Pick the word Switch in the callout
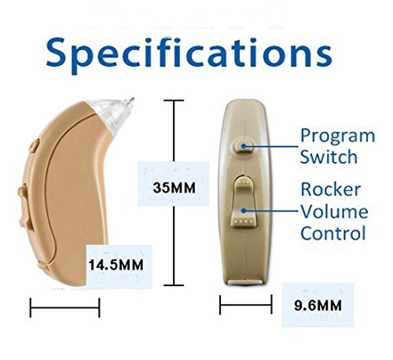[x=326, y=156]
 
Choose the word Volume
[x=333, y=212]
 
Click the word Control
[x=333, y=233]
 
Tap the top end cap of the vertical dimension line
[x=173, y=100]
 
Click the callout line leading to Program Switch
[x=271, y=144]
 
